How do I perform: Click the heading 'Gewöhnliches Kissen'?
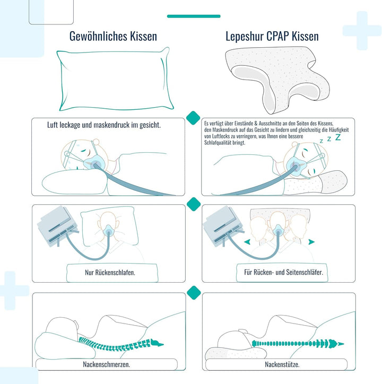click(x=113, y=37)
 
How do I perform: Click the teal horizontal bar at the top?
click(x=194, y=16)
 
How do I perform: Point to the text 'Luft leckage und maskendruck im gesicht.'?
click(x=104, y=125)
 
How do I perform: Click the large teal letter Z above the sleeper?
click(x=338, y=137)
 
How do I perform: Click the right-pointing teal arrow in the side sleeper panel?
click(x=311, y=242)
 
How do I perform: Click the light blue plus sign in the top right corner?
click(x=362, y=30)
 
